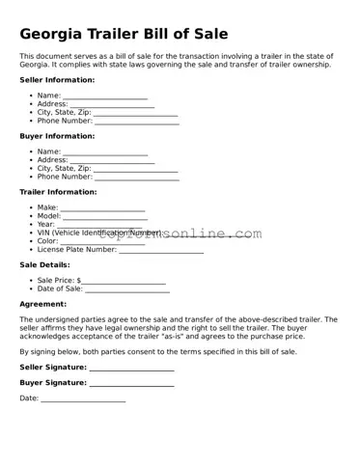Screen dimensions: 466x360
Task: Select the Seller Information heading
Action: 57,80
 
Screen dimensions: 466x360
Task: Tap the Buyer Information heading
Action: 57,136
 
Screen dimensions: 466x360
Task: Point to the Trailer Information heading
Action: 58,192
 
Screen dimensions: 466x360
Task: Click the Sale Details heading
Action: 44,264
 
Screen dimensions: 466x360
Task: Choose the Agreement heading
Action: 43,304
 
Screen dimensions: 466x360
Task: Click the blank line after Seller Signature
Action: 131,369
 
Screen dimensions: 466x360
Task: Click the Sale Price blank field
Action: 124,281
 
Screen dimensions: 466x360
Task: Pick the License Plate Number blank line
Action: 161,250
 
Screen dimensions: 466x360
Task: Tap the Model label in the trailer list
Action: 49,216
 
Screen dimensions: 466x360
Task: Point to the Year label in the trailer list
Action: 46,225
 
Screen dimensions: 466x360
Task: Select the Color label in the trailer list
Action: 48,241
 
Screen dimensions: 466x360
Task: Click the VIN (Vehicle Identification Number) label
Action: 99,233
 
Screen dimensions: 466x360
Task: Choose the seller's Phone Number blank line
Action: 136,122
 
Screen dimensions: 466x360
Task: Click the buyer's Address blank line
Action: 112,161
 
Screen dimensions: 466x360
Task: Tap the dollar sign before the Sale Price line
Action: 78,280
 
